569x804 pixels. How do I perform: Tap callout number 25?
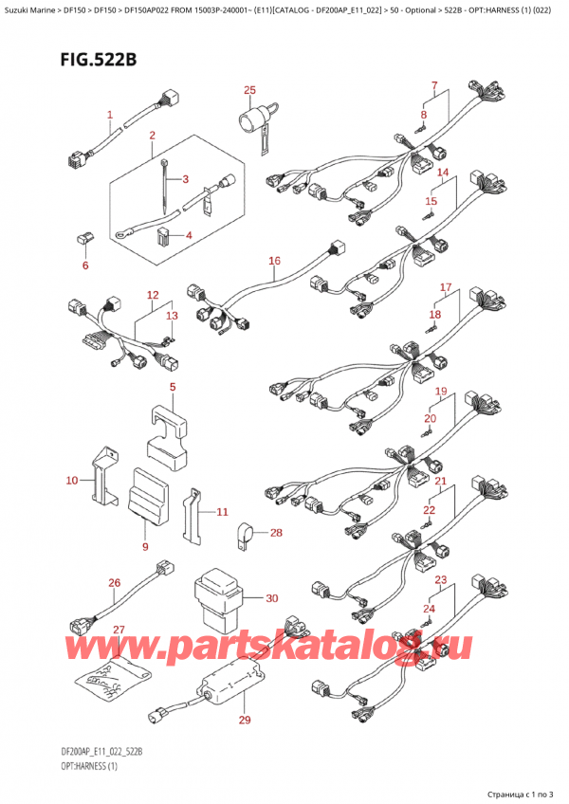(249, 91)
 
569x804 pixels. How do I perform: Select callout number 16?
(274, 261)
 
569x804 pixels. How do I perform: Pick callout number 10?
(71, 481)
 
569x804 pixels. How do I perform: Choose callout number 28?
(276, 533)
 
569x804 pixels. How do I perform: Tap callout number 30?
(271, 598)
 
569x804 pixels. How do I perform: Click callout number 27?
(119, 629)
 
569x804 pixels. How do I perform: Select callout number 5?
(174, 387)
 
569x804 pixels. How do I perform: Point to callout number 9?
(145, 546)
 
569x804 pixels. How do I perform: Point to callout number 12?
(151, 296)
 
